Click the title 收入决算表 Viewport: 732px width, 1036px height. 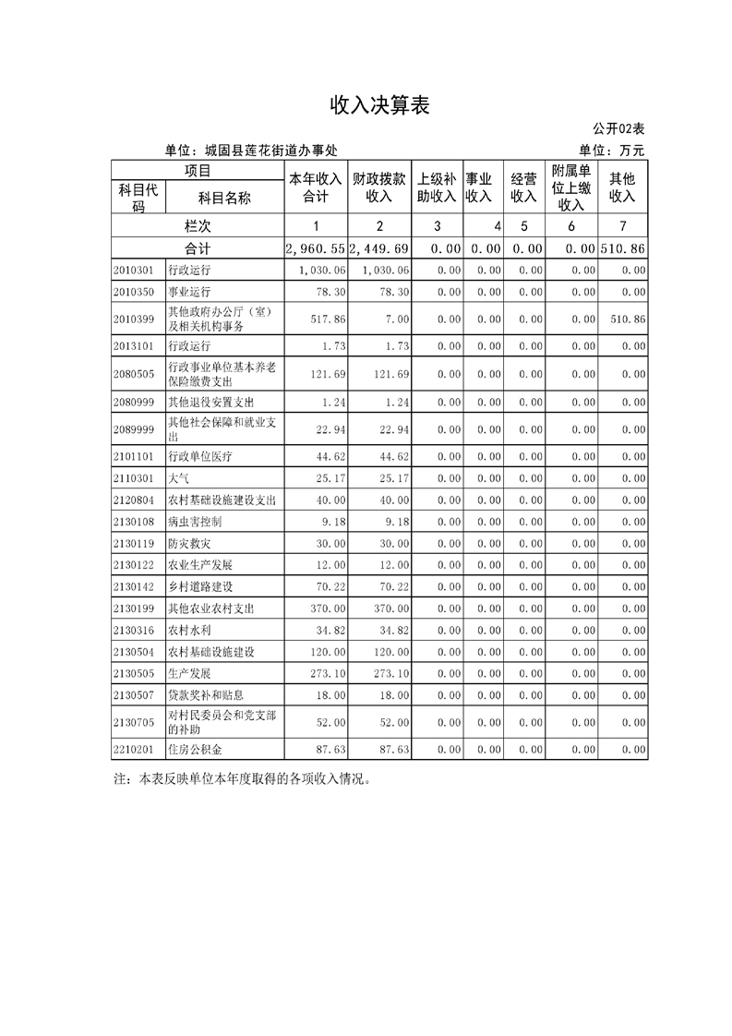point(380,105)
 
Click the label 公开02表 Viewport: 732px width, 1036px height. point(618,128)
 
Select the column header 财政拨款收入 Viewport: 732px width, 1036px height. point(379,187)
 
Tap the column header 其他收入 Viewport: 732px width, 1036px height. point(622,187)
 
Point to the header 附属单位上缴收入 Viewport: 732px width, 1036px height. point(571,187)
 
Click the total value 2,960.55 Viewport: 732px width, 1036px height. point(316,249)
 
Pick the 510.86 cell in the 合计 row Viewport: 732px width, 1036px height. point(622,249)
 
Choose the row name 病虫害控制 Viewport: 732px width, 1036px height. point(195,522)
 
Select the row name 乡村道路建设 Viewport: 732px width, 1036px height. point(199,586)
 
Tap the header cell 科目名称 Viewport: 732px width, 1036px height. point(224,197)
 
